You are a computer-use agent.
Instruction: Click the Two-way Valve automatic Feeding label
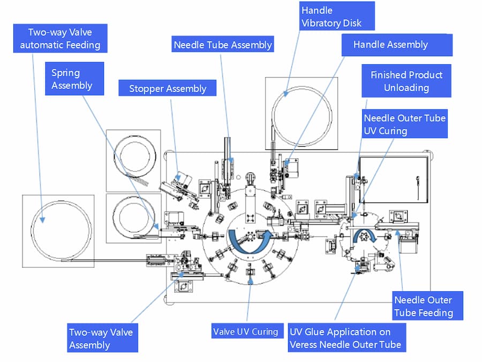tap(60, 39)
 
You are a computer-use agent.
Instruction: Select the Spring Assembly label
tap(72, 79)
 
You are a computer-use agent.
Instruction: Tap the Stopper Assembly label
tap(168, 89)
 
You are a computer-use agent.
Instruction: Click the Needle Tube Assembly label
tap(222, 45)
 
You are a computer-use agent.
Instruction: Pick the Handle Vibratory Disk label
tap(331, 17)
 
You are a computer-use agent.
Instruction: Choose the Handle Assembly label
tap(390, 44)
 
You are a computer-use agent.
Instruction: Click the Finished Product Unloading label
tap(406, 81)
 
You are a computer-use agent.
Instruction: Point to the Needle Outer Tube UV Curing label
tap(404, 124)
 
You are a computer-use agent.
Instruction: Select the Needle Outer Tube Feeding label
tap(423, 306)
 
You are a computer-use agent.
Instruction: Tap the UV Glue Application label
tap(345, 338)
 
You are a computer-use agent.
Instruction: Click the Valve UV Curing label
tap(245, 331)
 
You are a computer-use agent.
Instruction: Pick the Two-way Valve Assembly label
tap(100, 338)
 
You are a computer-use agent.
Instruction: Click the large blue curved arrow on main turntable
tap(247, 241)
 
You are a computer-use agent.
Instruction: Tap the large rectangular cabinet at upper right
tap(394, 179)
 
